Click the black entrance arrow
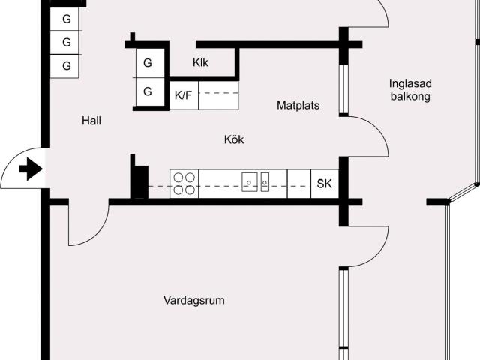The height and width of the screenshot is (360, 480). (30, 169)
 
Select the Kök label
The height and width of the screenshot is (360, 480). (234, 139)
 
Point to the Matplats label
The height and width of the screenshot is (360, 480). (298, 106)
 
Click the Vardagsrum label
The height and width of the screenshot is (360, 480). (194, 301)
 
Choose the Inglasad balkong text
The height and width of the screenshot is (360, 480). (409, 90)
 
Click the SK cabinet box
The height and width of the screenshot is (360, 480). (324, 184)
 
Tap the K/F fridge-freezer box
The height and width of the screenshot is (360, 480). (184, 95)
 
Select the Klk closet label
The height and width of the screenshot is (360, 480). (200, 62)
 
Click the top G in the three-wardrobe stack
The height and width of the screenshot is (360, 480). (67, 19)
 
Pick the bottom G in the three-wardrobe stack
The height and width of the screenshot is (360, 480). (67, 66)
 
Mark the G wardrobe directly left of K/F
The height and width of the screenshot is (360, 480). (148, 92)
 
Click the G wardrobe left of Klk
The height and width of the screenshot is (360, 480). (148, 62)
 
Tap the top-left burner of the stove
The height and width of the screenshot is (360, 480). (178, 178)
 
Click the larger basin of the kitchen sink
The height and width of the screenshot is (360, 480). (250, 180)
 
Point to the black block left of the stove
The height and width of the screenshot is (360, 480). (139, 180)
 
